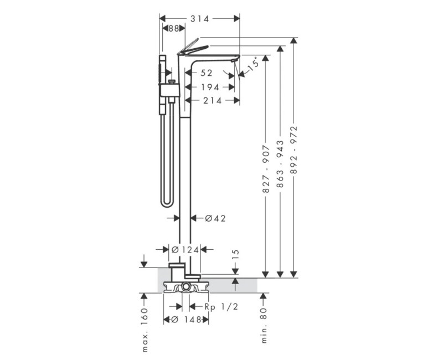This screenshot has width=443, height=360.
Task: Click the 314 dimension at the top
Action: click(200, 19)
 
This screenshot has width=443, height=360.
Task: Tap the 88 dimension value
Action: click(174, 29)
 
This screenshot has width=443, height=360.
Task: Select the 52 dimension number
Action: click(206, 73)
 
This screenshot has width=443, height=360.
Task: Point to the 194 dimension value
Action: click(210, 88)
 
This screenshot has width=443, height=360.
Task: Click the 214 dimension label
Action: click(213, 100)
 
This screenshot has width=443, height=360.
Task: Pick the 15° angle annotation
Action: click(253, 64)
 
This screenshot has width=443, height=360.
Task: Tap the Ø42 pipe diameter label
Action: click(215, 218)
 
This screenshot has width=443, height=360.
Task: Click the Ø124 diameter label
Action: click(186, 250)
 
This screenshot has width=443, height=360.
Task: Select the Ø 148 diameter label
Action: click(187, 320)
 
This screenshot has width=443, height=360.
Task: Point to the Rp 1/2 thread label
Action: click(221, 307)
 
